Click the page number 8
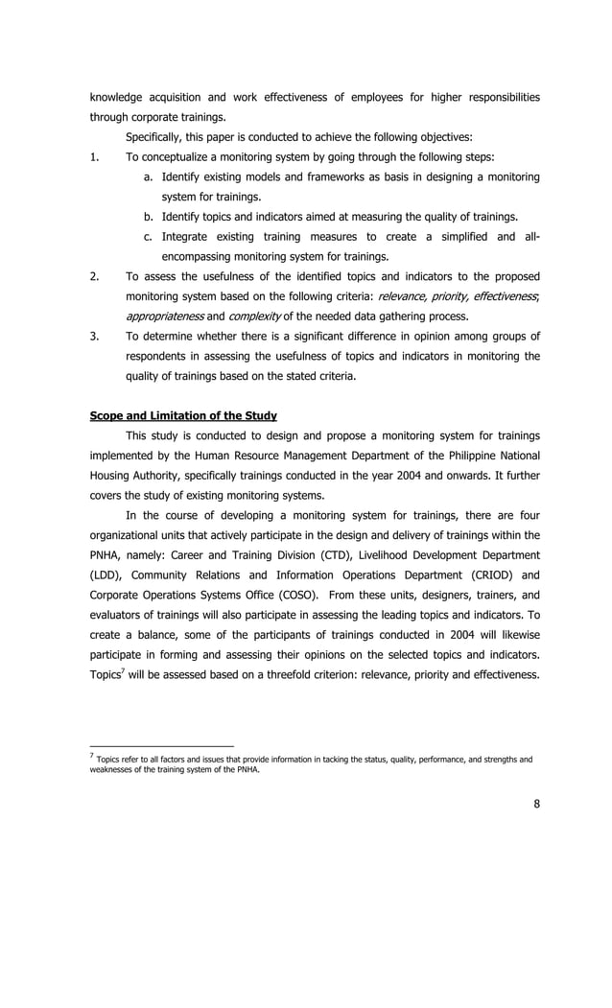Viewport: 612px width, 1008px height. (536, 804)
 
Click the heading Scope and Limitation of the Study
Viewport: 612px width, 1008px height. (182, 415)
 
